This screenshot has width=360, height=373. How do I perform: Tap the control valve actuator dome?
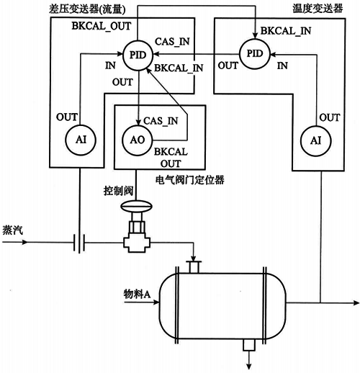coord(135,207)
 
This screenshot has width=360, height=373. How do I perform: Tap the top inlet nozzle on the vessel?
coord(192,266)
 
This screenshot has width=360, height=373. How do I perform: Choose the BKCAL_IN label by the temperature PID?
coord(287,32)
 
